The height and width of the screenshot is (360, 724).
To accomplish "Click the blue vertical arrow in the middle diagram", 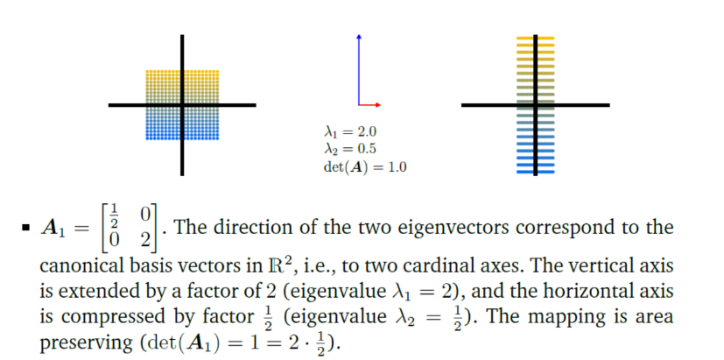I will (x=358, y=70).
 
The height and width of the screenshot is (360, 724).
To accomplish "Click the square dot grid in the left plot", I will (x=182, y=105).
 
